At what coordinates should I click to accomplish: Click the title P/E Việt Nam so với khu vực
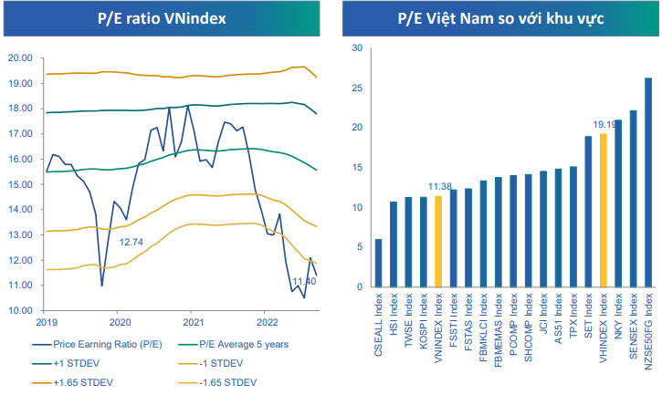502,17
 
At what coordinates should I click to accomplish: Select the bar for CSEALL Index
378,264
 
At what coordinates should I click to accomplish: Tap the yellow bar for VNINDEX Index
437,242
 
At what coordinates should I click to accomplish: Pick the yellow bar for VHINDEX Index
603,211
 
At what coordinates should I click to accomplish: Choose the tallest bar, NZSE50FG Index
647,182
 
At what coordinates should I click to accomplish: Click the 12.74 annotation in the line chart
131,242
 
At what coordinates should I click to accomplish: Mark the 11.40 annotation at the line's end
305,281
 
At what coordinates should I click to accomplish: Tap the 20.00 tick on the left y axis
20,58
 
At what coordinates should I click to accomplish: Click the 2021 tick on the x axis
193,322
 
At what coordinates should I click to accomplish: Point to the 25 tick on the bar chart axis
357,88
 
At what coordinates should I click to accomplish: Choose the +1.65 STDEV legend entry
83,381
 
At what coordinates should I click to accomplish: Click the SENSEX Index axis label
633,315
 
